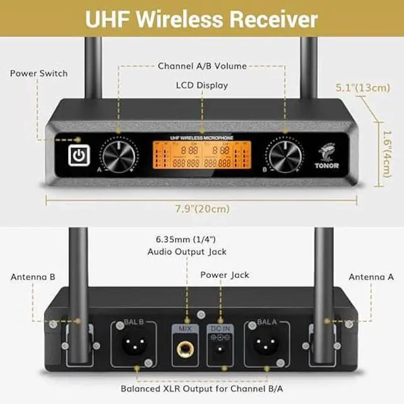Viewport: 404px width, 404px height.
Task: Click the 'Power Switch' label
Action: click(x=39, y=73)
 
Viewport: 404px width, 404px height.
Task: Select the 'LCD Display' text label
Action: click(x=202, y=85)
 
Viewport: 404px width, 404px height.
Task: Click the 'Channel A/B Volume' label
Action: click(x=202, y=66)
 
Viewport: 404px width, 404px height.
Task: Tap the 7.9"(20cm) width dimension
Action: click(x=202, y=208)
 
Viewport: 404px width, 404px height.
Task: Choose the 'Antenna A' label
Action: click(x=371, y=276)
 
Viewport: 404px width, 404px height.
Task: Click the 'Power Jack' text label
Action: click(x=225, y=275)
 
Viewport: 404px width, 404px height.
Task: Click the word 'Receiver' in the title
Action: click(x=273, y=18)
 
